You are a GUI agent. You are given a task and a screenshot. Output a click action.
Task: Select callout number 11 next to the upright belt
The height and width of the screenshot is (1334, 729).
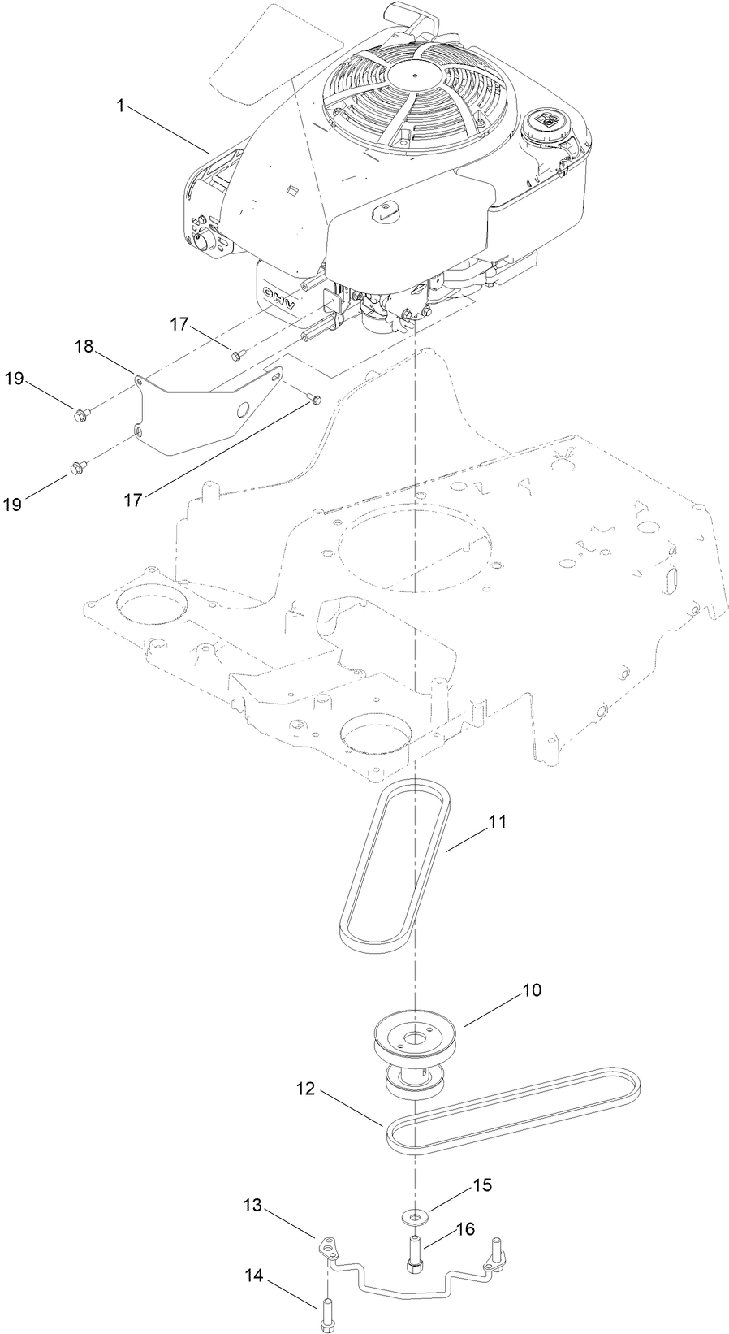point(497,821)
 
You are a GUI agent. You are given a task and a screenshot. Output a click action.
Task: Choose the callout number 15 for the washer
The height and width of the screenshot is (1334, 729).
point(482,1185)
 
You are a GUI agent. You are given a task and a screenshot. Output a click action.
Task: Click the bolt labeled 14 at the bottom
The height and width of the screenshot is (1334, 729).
point(326,1313)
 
